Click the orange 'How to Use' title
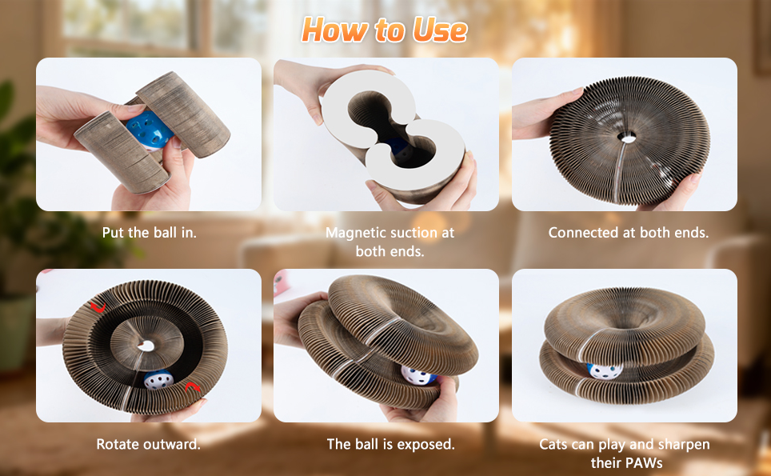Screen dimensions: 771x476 [x=385, y=30]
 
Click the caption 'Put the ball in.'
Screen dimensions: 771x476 [x=149, y=232]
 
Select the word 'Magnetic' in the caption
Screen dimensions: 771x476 [x=354, y=233]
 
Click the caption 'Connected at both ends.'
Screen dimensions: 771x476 [x=629, y=232]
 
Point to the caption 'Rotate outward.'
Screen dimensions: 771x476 [x=148, y=444]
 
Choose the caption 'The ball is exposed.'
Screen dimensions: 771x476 [x=390, y=444]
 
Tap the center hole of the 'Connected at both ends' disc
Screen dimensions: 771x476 [x=628, y=138]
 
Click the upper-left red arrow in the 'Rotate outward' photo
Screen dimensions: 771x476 [x=98, y=308]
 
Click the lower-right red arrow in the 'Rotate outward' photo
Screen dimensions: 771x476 [x=193, y=387]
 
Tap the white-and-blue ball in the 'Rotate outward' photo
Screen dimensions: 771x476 [x=159, y=379]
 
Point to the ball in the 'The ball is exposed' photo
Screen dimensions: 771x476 [x=418, y=375]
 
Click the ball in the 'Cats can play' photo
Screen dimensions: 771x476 [x=605, y=370]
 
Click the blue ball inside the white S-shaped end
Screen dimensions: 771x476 [x=399, y=150]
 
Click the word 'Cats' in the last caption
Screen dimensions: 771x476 [x=554, y=445]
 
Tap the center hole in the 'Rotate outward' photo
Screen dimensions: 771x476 [x=146, y=346]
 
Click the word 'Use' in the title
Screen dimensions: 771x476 [x=439, y=30]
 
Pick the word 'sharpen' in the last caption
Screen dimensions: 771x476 [x=684, y=445]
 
